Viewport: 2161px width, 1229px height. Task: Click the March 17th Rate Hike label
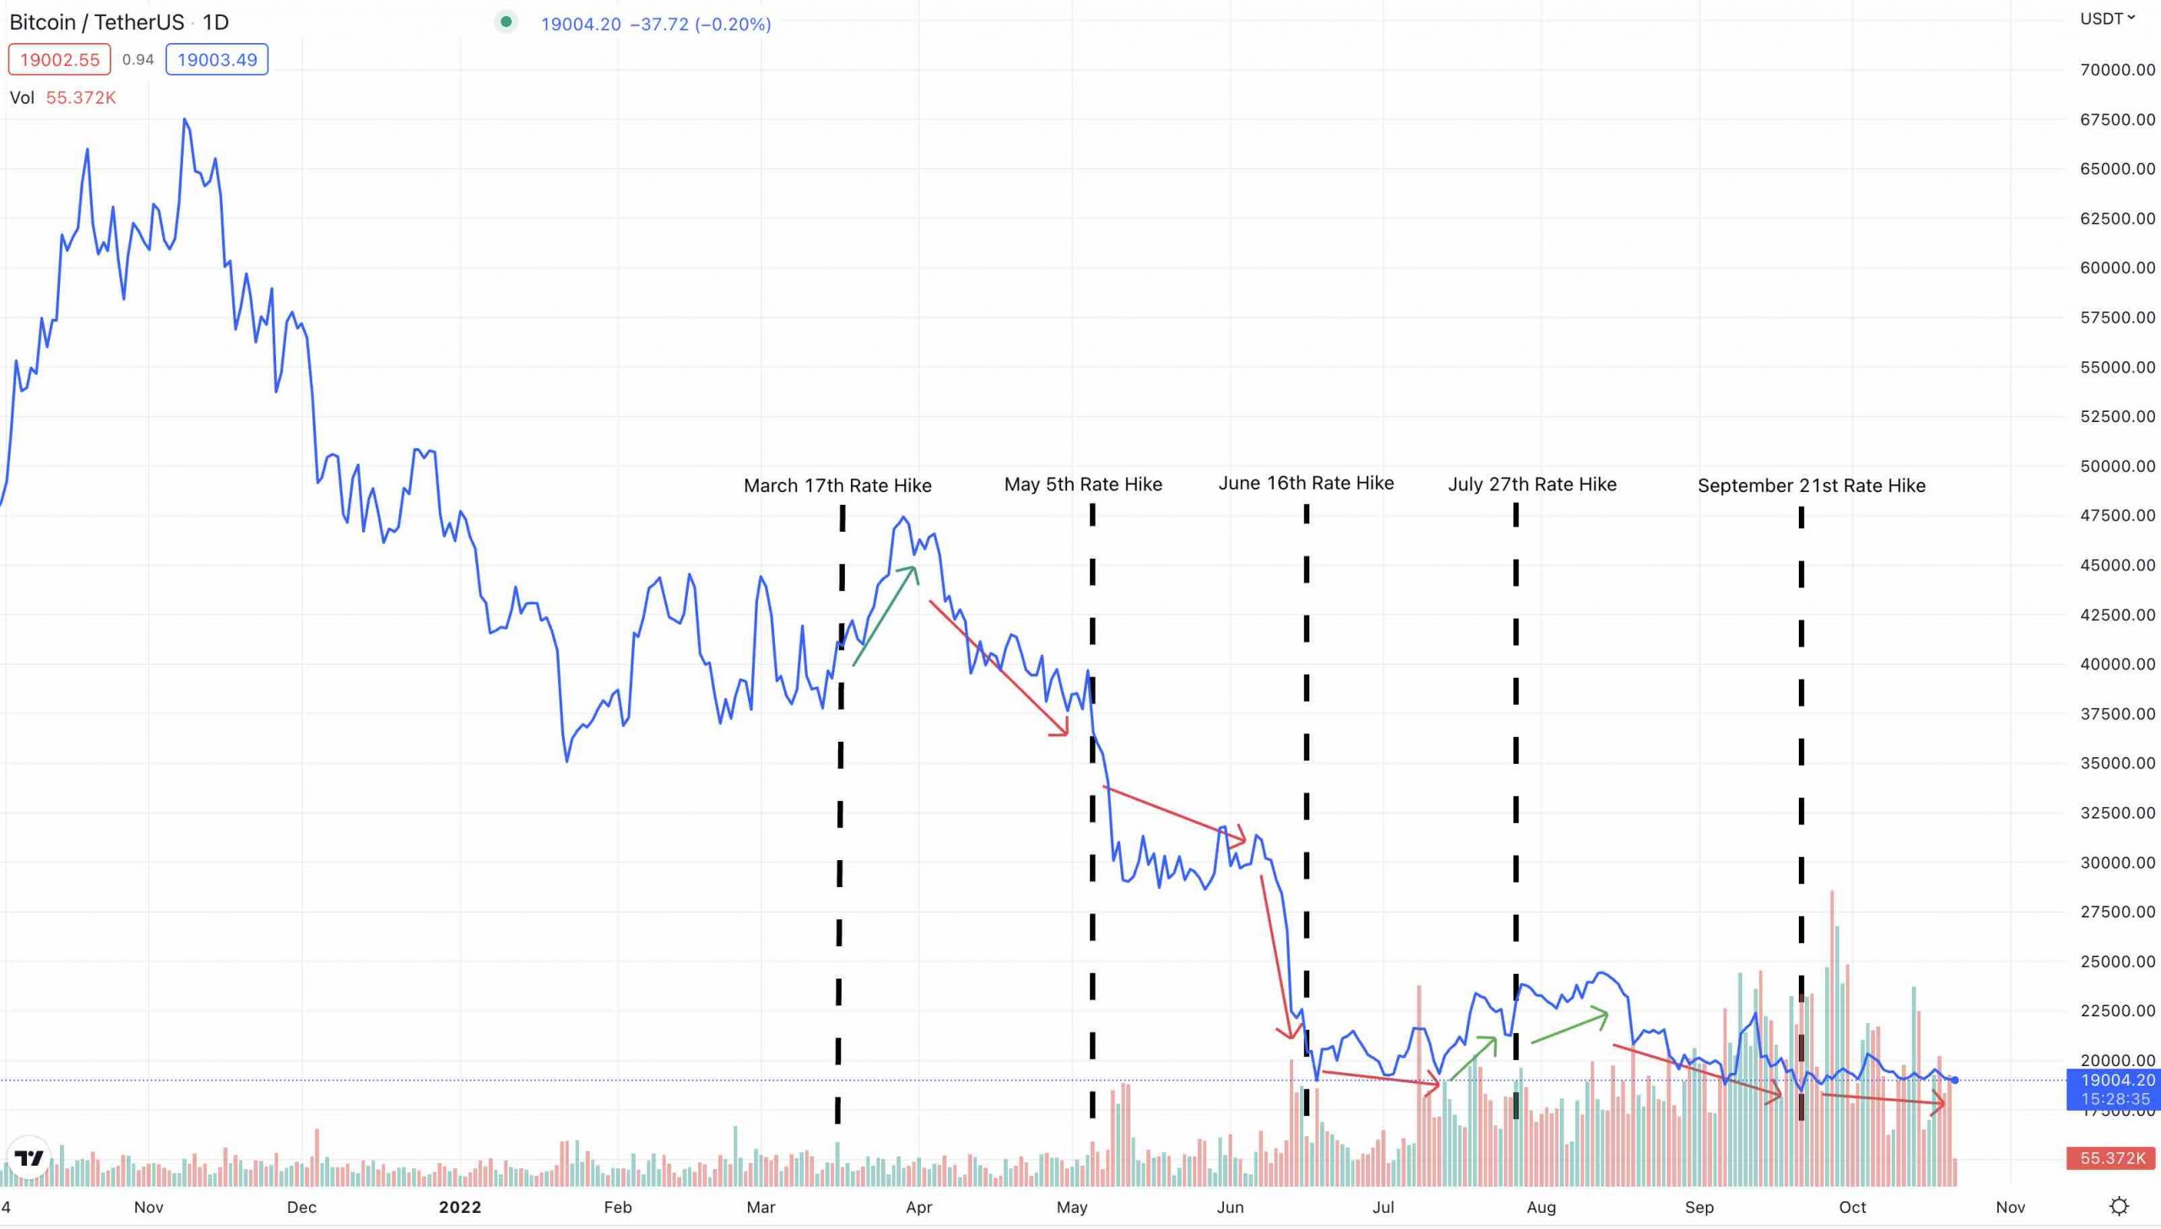click(837, 485)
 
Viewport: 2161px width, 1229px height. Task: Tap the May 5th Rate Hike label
click(1083, 485)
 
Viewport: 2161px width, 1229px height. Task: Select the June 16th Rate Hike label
click(1306, 483)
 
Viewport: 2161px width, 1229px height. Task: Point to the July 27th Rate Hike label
click(1532, 485)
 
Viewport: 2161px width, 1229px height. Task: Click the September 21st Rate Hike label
click(1812, 485)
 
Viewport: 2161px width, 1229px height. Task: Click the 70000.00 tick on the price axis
click(2116, 70)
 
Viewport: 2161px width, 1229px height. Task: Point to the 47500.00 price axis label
click(2116, 516)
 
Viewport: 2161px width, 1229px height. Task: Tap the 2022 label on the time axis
click(460, 1207)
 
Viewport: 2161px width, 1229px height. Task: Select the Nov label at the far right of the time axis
click(2010, 1207)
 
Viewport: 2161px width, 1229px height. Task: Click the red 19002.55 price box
click(59, 60)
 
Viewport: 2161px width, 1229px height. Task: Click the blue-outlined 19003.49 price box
click(217, 60)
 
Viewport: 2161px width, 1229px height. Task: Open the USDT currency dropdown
click(2107, 19)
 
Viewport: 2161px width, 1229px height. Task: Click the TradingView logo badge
click(29, 1157)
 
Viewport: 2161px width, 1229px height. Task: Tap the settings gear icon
click(2119, 1205)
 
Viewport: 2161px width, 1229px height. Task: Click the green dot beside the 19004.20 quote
click(506, 22)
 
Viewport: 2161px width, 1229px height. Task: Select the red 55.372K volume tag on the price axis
click(2112, 1158)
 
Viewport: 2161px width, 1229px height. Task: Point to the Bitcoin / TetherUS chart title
click(97, 22)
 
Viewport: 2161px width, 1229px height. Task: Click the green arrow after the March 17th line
click(885, 615)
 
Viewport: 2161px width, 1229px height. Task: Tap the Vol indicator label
click(22, 98)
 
